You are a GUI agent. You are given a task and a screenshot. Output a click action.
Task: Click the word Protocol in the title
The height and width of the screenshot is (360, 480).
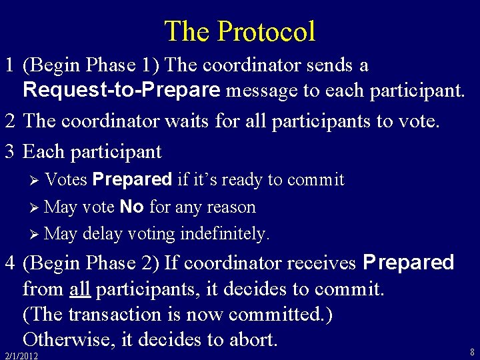click(266, 31)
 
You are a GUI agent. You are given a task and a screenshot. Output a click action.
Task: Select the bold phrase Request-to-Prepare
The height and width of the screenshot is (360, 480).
click(121, 89)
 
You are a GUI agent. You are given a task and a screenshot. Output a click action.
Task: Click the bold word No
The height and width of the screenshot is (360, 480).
click(132, 207)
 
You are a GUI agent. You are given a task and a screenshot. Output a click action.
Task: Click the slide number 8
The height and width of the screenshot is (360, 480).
click(472, 351)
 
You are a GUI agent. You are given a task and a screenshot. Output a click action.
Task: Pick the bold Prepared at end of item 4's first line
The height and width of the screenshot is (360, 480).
click(408, 263)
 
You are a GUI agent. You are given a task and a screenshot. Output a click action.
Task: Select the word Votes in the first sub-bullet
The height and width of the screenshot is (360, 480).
click(68, 180)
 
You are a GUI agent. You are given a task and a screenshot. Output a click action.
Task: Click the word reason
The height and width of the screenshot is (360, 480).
click(231, 207)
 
